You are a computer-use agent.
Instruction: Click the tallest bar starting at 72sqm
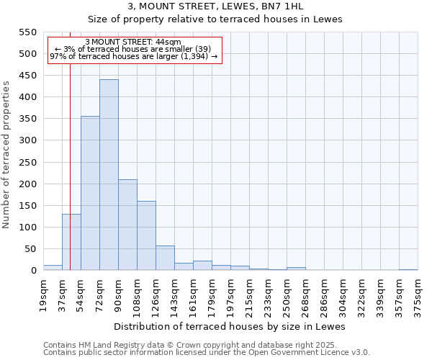(x=109, y=175)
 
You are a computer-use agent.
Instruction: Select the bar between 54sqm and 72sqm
(x=90, y=193)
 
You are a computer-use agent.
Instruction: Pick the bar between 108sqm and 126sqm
(x=146, y=235)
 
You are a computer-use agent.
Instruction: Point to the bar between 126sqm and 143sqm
(x=165, y=258)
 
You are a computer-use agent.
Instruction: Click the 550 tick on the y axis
(x=27, y=32)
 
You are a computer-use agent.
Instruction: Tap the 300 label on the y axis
(x=27, y=140)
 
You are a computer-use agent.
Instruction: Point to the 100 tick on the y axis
(x=27, y=228)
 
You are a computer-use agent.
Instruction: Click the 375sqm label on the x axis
(x=418, y=294)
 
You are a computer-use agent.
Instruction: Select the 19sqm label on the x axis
(x=43, y=294)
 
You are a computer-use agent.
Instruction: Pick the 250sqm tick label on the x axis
(x=287, y=294)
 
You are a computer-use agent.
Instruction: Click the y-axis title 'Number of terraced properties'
(x=7, y=155)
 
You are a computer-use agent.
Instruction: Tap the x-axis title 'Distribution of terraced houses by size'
(x=230, y=326)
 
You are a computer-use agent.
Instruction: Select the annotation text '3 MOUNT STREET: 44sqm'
(x=133, y=42)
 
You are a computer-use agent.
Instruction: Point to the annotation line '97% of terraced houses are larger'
(x=133, y=56)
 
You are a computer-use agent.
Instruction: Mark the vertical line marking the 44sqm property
(x=70, y=166)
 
